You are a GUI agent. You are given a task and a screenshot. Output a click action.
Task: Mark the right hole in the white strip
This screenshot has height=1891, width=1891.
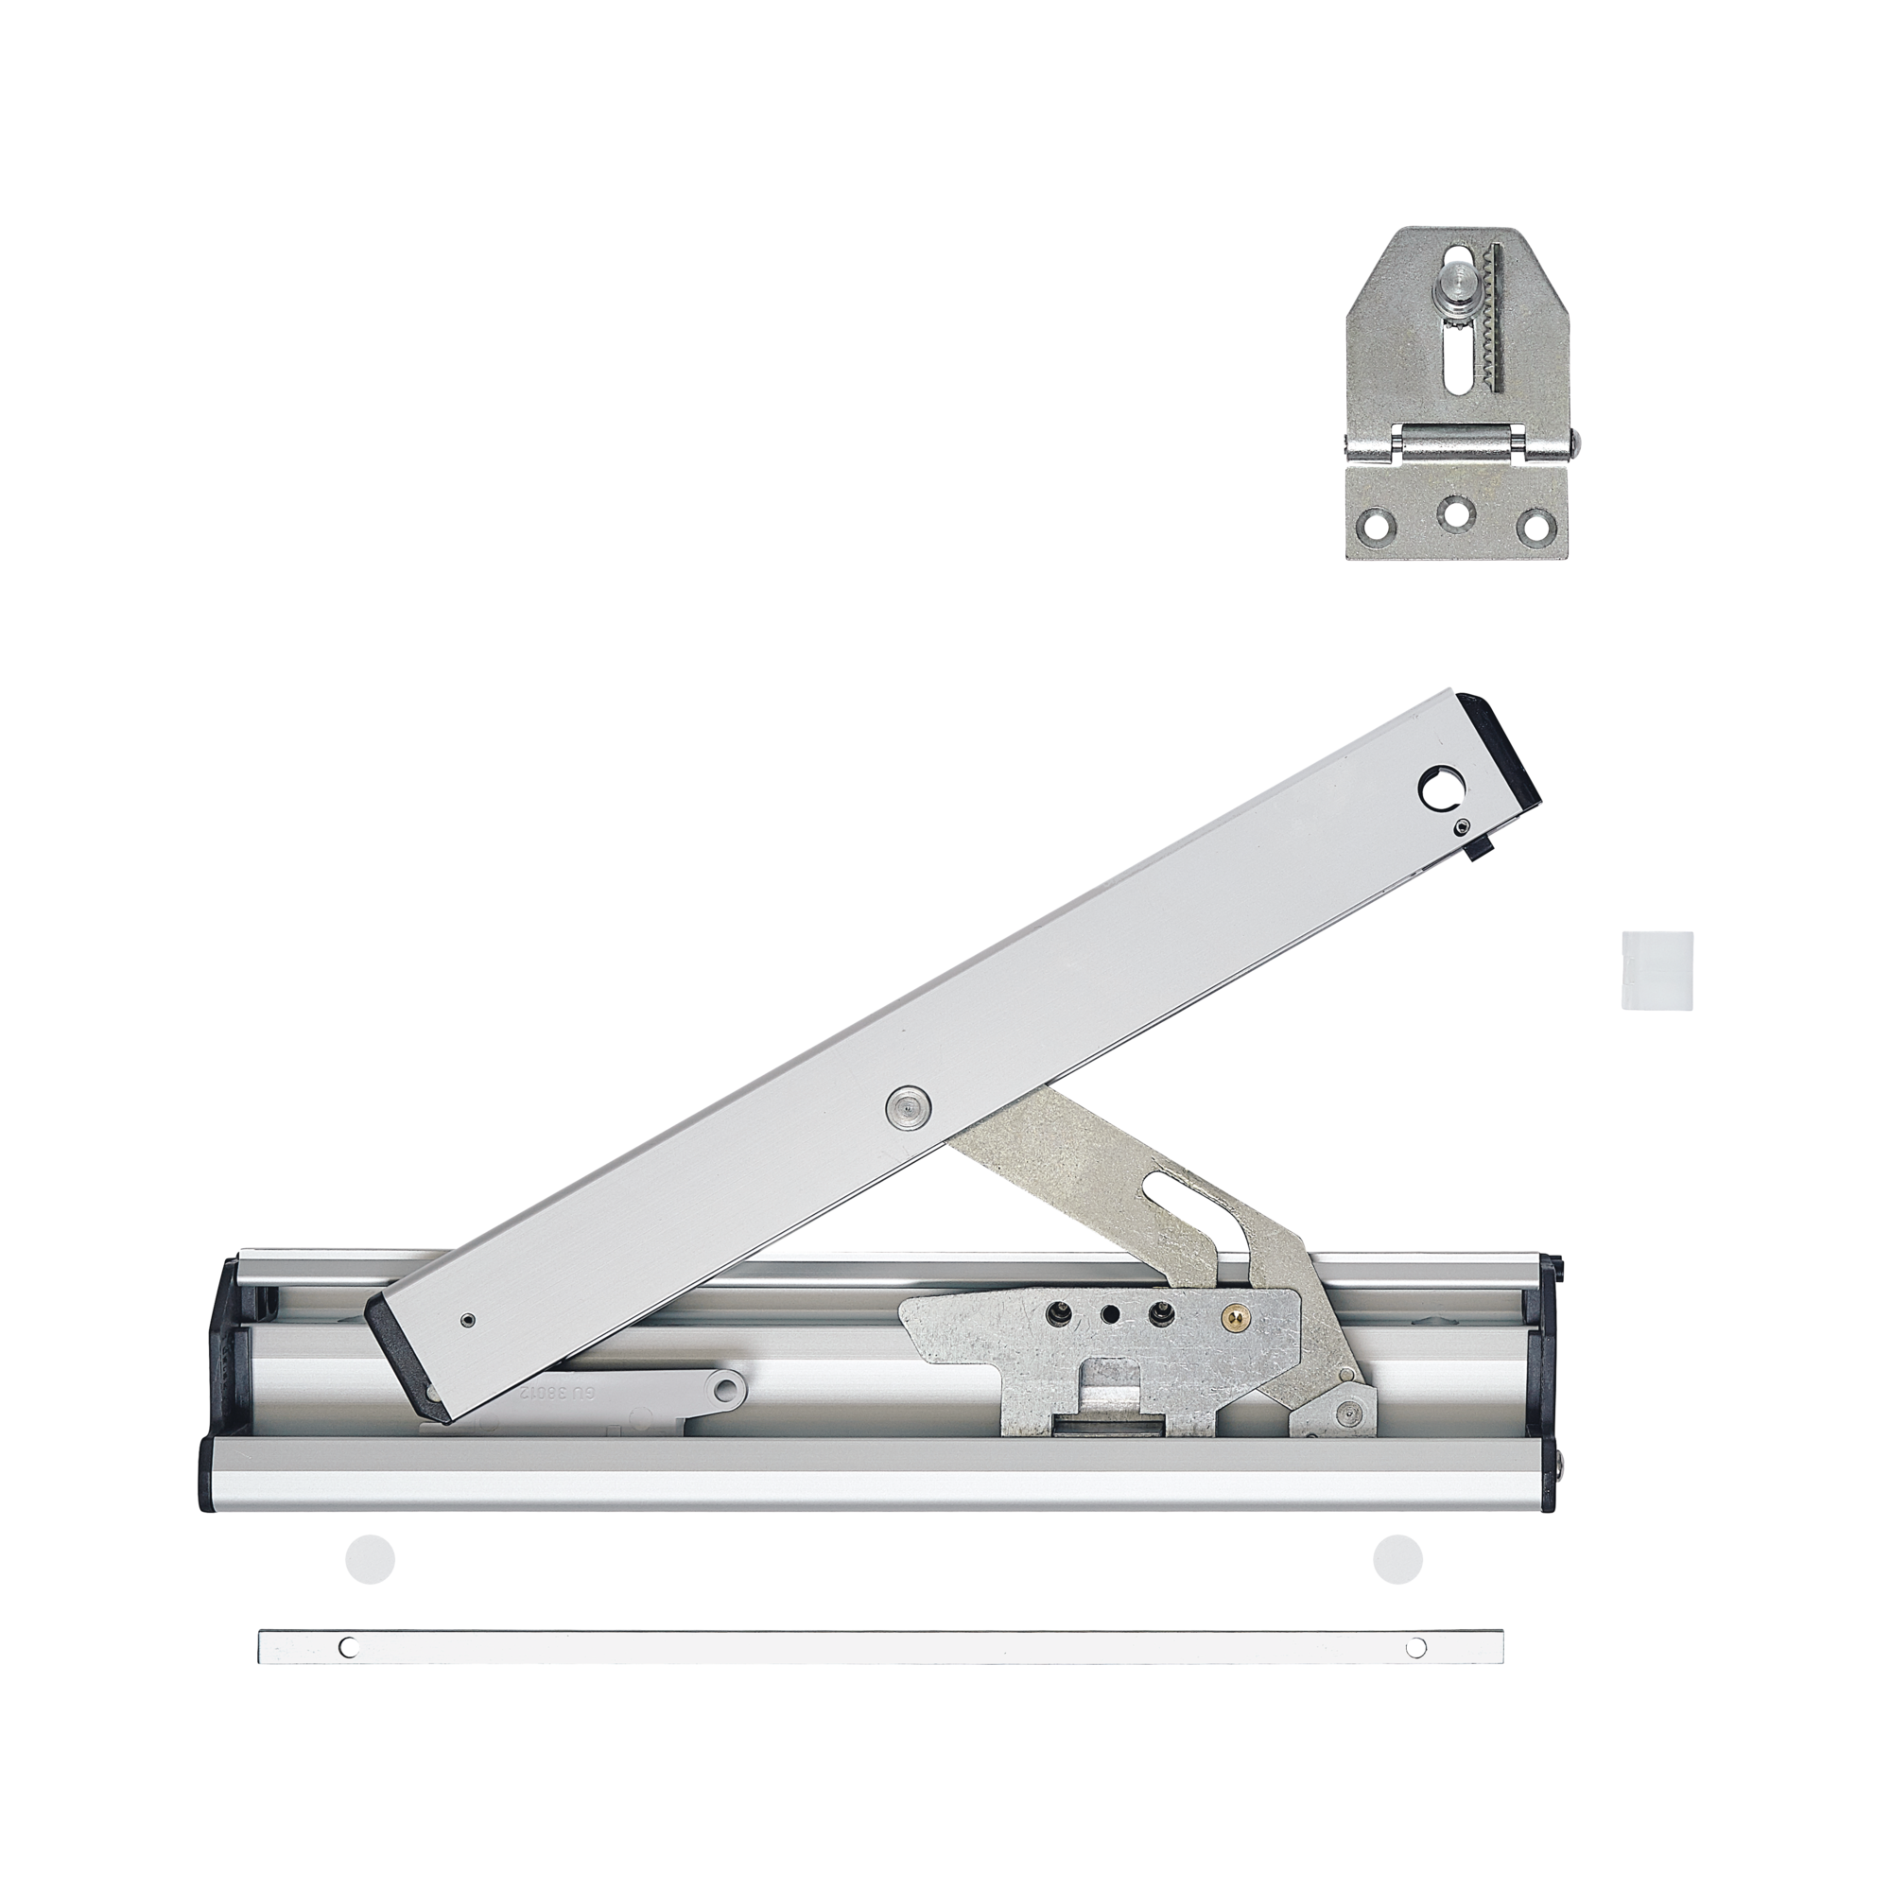[1415, 1648]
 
